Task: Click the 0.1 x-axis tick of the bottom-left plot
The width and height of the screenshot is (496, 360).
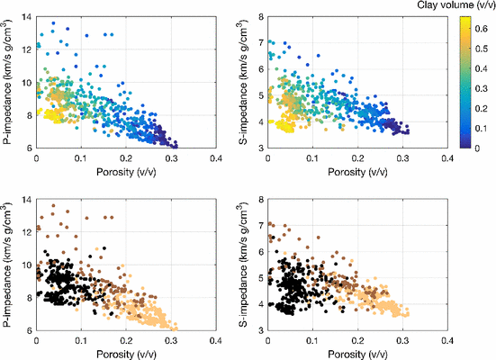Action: point(81,341)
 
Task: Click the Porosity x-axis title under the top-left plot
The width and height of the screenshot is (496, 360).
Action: point(126,169)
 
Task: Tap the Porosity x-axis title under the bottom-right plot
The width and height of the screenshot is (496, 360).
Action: point(357,354)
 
